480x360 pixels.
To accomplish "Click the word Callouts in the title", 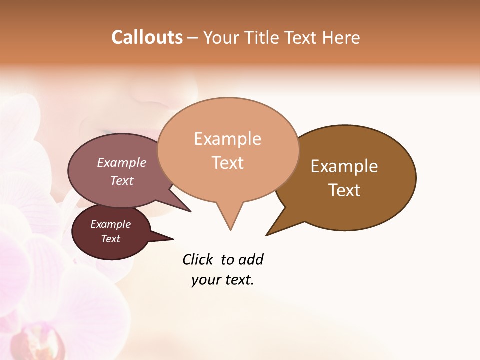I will [147, 37].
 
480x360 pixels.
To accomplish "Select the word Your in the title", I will [222, 37].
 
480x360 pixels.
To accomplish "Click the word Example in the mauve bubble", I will [121, 163].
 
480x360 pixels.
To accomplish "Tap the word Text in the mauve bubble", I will [121, 180].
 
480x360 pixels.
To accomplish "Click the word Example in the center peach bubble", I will [227, 139].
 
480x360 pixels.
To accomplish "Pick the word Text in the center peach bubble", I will [227, 163].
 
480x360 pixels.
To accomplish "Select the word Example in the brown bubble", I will [344, 166].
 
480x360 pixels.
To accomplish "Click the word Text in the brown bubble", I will [344, 190].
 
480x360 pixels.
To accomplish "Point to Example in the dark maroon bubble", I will [110, 224].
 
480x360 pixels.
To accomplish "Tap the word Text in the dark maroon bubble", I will [110, 239].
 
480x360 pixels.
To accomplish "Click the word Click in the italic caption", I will [197, 259].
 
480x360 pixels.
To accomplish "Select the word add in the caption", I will [251, 259].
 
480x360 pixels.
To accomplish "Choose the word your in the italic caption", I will [206, 280].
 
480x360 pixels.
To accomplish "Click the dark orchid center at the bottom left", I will [45, 344].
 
